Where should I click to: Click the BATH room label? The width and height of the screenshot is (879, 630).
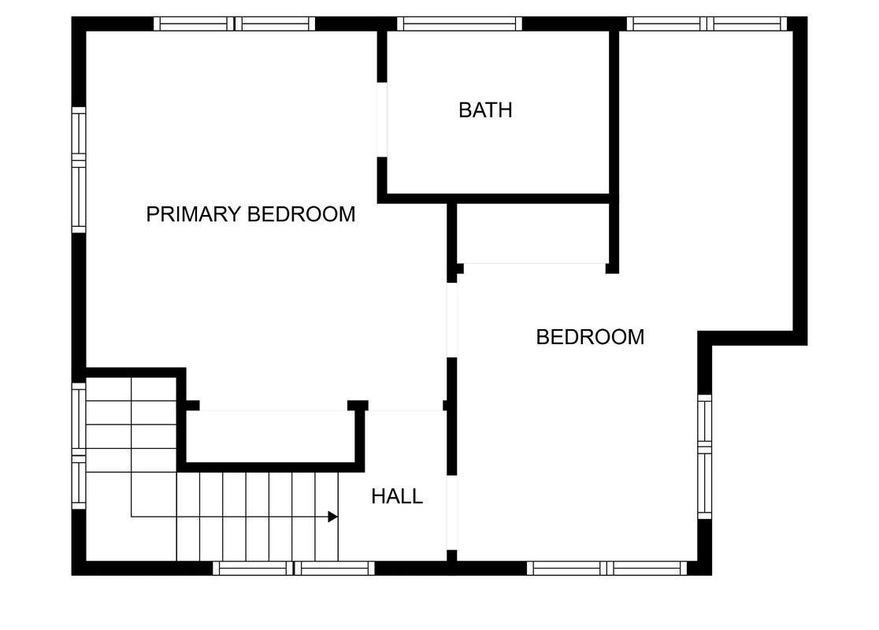pyautogui.click(x=485, y=110)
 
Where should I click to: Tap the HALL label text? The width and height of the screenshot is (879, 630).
pyautogui.click(x=397, y=497)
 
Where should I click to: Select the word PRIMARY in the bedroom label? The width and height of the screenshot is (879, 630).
pyautogui.click(x=194, y=214)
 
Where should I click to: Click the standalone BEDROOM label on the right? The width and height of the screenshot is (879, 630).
pyautogui.click(x=590, y=337)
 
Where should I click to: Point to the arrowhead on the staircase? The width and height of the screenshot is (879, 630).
pyautogui.click(x=333, y=517)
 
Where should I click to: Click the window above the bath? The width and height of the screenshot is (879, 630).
pyautogui.click(x=460, y=24)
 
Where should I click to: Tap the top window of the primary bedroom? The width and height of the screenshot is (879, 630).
pyautogui.click(x=235, y=24)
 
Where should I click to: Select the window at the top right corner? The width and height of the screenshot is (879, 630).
pyautogui.click(x=707, y=24)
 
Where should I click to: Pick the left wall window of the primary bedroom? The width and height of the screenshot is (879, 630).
pyautogui.click(x=79, y=170)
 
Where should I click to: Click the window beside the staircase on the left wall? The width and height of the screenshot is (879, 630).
pyautogui.click(x=79, y=447)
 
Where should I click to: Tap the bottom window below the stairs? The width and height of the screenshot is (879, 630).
pyautogui.click(x=294, y=568)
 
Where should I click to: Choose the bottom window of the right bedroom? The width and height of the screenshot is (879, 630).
pyautogui.click(x=607, y=568)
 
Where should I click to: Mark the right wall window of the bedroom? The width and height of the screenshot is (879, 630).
pyautogui.click(x=705, y=457)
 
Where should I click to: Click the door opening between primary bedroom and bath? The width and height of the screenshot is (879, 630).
pyautogui.click(x=382, y=120)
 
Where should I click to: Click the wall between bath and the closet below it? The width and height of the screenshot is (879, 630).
pyautogui.click(x=498, y=198)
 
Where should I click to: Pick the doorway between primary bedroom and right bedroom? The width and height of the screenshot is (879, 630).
pyautogui.click(x=452, y=320)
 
